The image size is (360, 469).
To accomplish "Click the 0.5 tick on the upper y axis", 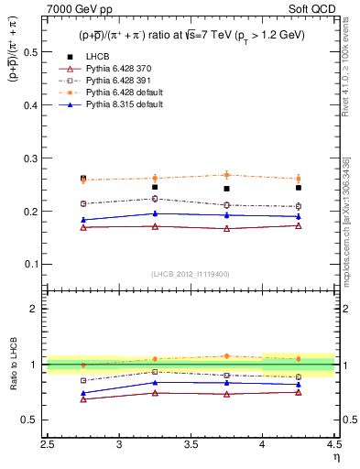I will click(x=36, y=51).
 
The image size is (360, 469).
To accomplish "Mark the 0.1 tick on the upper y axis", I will click(x=36, y=264).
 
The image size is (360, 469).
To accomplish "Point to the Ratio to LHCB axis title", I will click(x=13, y=364).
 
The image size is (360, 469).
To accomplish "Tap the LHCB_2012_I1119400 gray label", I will click(x=191, y=273).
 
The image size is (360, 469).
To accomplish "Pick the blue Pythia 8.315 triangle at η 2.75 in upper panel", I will click(x=83, y=220).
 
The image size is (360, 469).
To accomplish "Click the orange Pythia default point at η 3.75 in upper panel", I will click(x=226, y=174).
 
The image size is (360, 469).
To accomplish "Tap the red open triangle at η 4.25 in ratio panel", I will click(x=299, y=392).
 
